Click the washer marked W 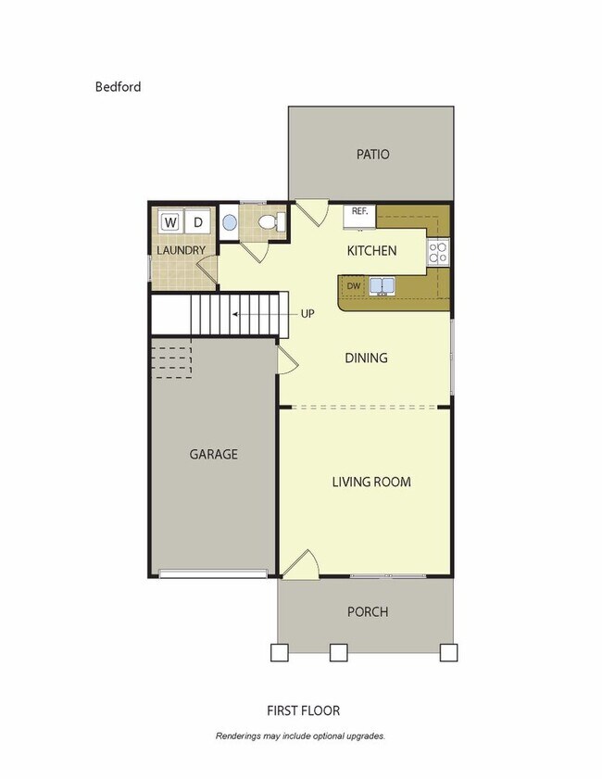(x=170, y=222)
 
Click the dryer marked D (x=197, y=222)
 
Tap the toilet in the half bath (x=270, y=222)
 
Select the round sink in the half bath (x=230, y=223)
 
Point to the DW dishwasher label (x=353, y=286)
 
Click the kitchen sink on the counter (x=382, y=286)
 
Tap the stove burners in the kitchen (x=437, y=250)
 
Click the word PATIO (x=372, y=155)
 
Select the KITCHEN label (x=371, y=250)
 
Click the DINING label (x=366, y=358)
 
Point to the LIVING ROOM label (x=371, y=482)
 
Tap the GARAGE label (x=214, y=454)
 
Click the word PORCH (x=367, y=611)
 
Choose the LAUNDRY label (x=180, y=251)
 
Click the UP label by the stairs (x=307, y=313)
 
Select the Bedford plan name (x=118, y=87)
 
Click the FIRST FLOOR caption (x=303, y=710)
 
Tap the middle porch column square (x=339, y=652)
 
